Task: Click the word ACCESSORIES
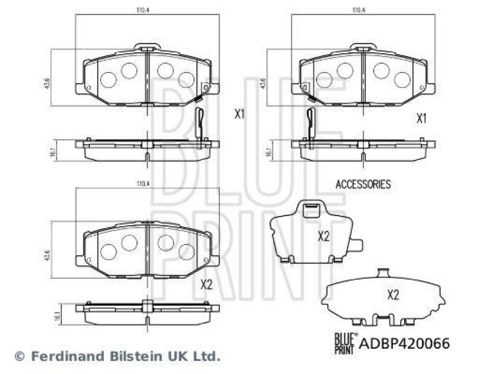pos(363,183)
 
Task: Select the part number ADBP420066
pos(404,343)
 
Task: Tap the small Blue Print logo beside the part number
pos(344,341)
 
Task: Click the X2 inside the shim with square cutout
pos(323,236)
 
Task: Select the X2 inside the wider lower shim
pos(394,294)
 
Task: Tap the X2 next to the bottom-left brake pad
pos(207,284)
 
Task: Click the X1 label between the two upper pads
pos(239,114)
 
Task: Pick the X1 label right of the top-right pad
pos(421,118)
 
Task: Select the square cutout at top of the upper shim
pos(311,209)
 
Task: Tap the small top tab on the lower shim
pos(383,273)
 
